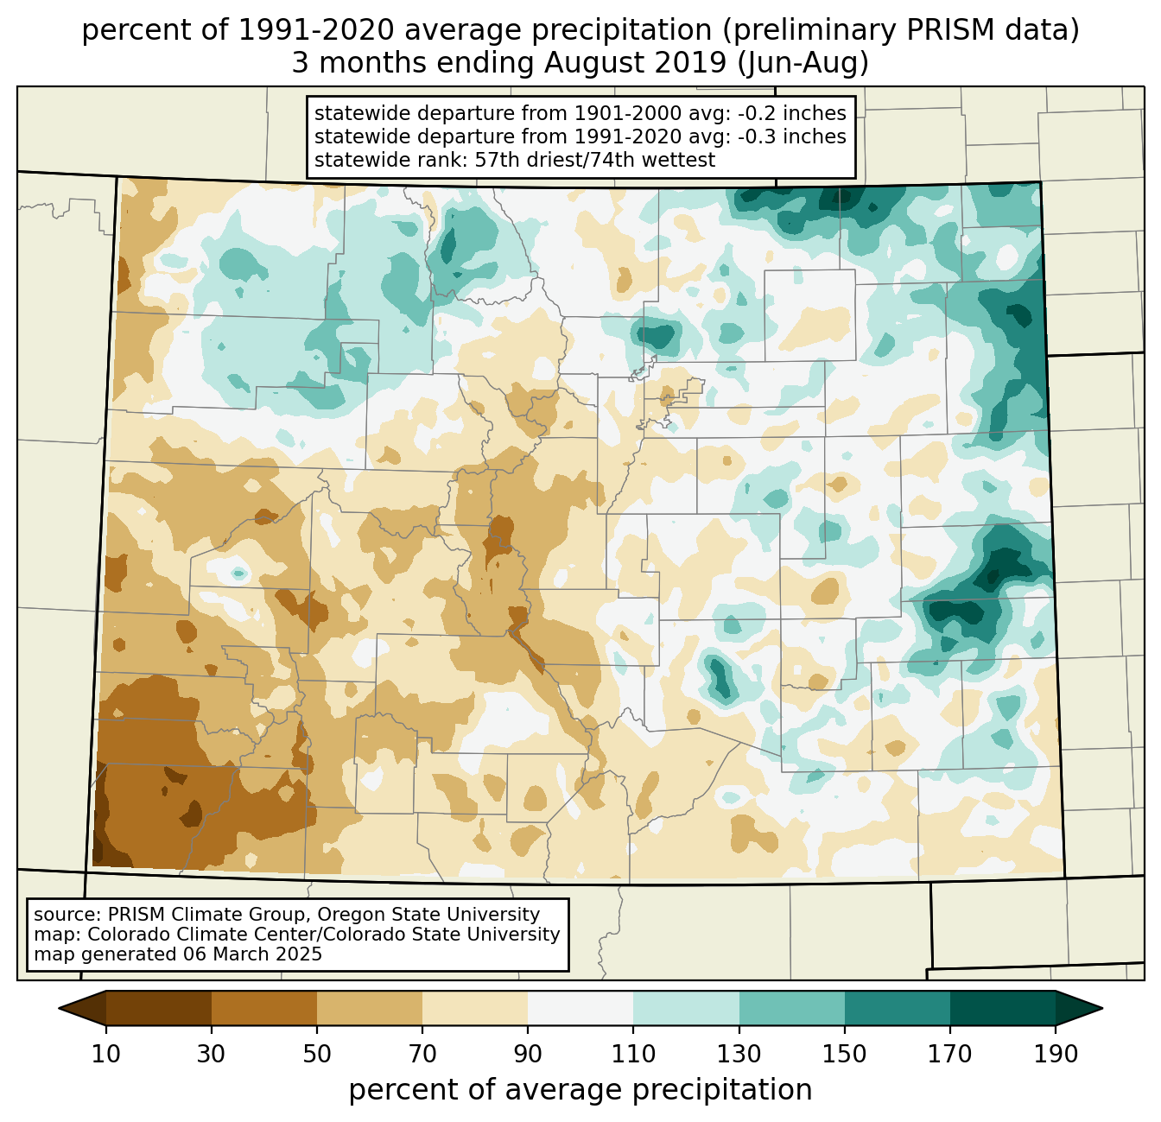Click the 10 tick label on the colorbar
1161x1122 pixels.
click(106, 1054)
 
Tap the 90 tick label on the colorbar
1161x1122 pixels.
click(528, 1054)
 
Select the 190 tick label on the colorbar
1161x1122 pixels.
click(1055, 1054)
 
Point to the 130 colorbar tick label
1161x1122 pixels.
click(739, 1054)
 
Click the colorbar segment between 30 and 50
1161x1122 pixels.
click(264, 1008)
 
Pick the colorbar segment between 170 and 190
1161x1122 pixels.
click(1002, 1008)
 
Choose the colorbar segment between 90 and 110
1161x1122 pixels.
click(580, 1008)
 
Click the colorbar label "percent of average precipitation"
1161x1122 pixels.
click(580, 1090)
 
